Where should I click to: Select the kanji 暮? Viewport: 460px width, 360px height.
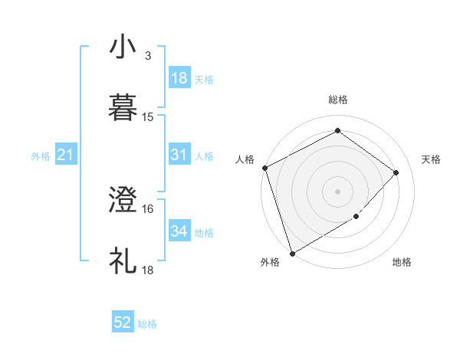[x=123, y=106]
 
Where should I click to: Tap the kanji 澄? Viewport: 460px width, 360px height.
[x=123, y=201]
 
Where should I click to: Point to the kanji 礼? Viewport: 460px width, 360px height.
[x=123, y=260]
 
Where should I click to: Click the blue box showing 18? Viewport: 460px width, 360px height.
[x=179, y=78]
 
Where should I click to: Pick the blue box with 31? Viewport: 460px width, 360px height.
[x=179, y=155]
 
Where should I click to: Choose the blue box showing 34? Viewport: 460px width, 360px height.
[x=179, y=231]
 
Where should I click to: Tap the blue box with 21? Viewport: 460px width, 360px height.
[x=66, y=155]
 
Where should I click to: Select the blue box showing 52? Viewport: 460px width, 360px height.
[x=123, y=323]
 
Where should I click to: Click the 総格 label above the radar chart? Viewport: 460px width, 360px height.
[x=337, y=100]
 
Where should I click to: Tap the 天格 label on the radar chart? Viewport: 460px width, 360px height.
[x=432, y=159]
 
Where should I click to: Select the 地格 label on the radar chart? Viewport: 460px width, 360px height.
[x=402, y=262]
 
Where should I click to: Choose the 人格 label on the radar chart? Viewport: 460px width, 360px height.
[x=245, y=159]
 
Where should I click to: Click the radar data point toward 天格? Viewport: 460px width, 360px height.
[x=396, y=172]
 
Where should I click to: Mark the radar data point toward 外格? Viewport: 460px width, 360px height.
[x=292, y=253]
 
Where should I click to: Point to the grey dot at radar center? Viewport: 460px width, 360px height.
[x=337, y=191]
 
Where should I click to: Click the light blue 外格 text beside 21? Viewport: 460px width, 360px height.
[x=41, y=156]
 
